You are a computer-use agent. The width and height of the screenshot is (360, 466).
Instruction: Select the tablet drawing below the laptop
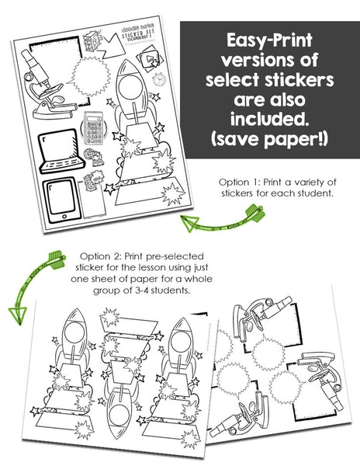57,200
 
